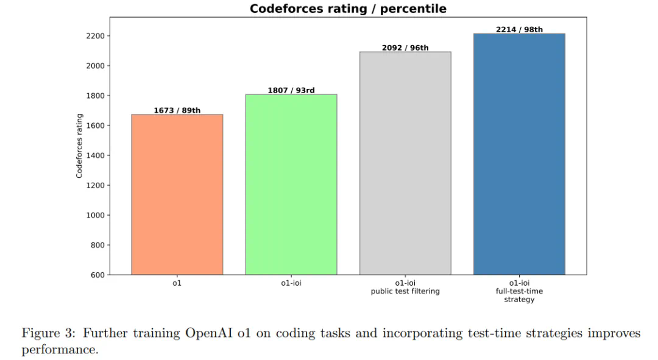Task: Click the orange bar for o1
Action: [x=177, y=194]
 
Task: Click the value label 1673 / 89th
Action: [x=177, y=110]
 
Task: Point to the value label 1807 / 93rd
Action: [x=291, y=90]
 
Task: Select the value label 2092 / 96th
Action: [x=405, y=48]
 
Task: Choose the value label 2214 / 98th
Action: [x=519, y=29]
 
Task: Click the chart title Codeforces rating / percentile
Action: [x=348, y=9]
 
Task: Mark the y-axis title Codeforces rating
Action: [x=79, y=146]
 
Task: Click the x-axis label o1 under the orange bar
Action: [x=177, y=283]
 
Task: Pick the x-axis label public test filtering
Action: [x=405, y=291]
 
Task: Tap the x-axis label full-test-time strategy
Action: [x=519, y=291]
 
